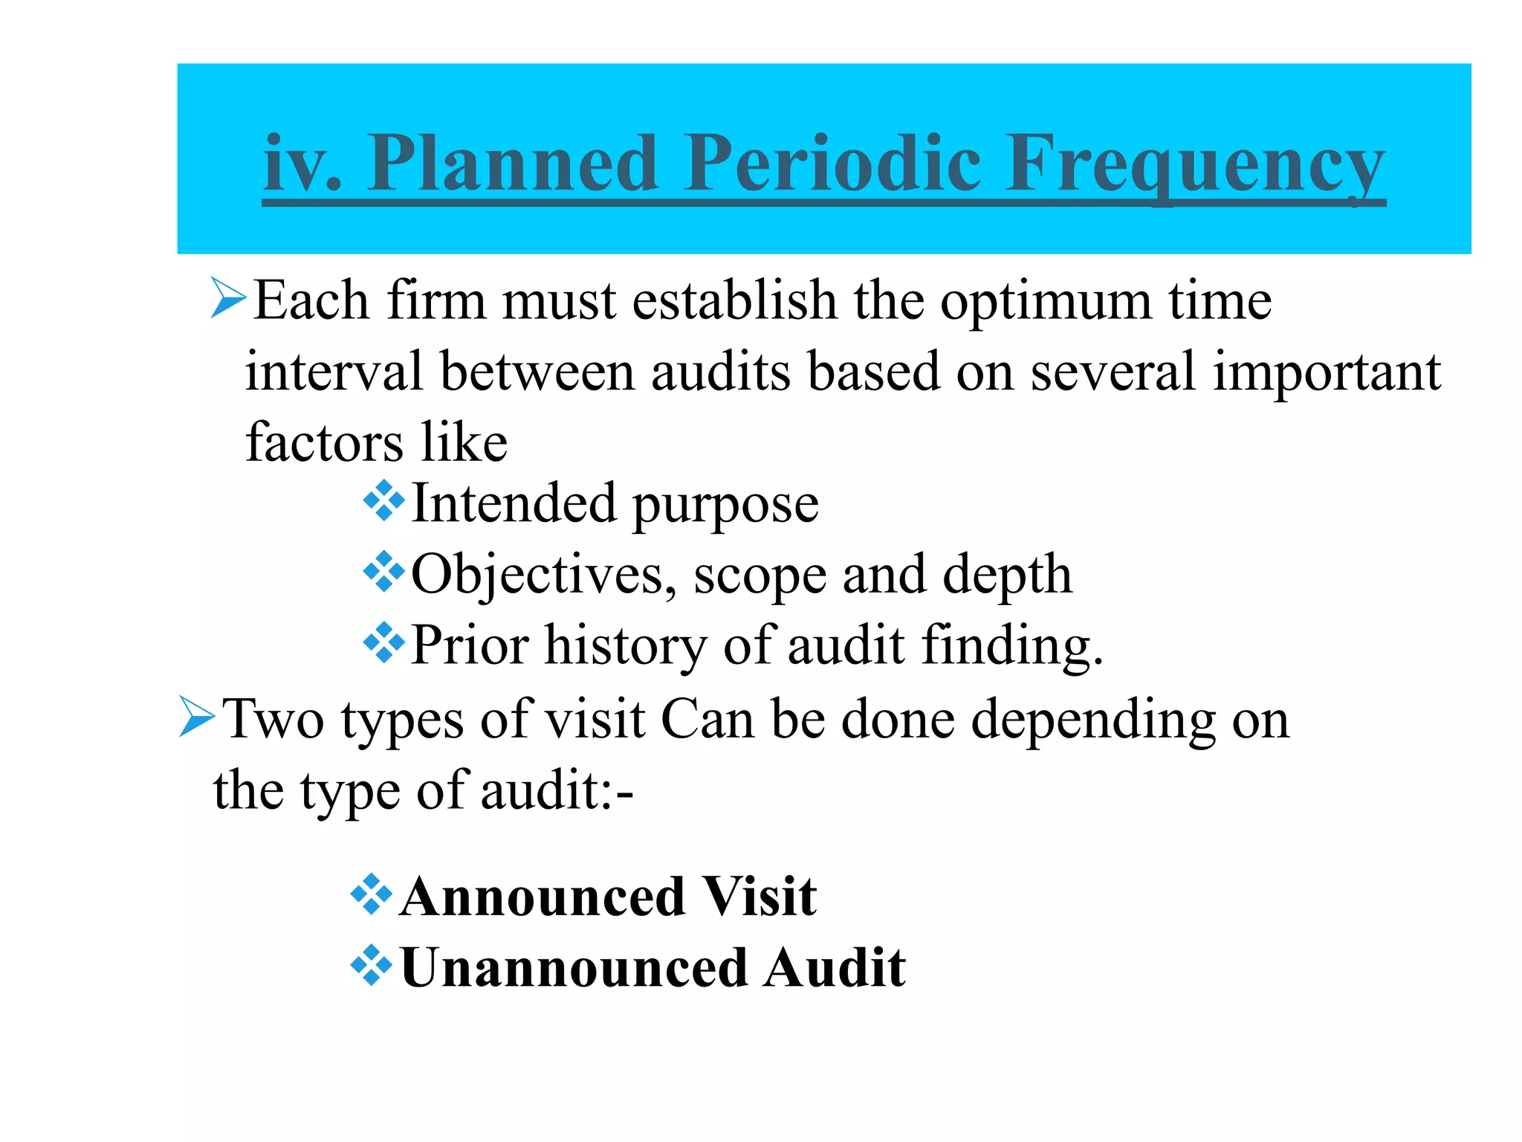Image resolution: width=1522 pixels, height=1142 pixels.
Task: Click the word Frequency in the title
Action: [1195, 165]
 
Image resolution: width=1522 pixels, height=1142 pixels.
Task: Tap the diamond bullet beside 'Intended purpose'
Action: [383, 501]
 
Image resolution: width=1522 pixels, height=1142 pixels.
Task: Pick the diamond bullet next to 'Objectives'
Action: [383, 572]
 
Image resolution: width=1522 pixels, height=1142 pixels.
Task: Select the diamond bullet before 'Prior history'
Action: [383, 642]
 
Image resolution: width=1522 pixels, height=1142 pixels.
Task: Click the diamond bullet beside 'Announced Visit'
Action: [371, 894]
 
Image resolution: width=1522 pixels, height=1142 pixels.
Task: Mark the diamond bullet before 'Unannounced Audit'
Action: [371, 966]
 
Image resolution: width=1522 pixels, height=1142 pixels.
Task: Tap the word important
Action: [1327, 372]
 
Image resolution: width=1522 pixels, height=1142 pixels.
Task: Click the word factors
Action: [326, 442]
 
